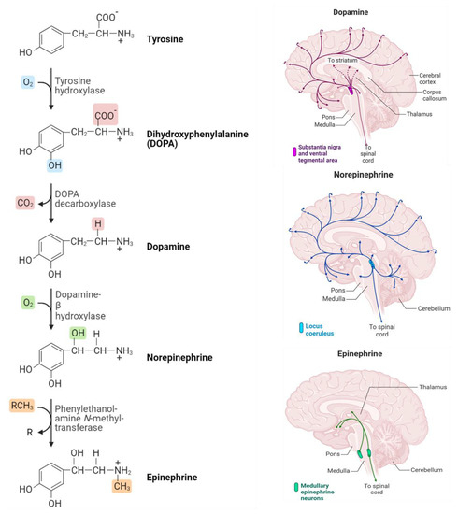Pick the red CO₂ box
(x=28, y=202)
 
